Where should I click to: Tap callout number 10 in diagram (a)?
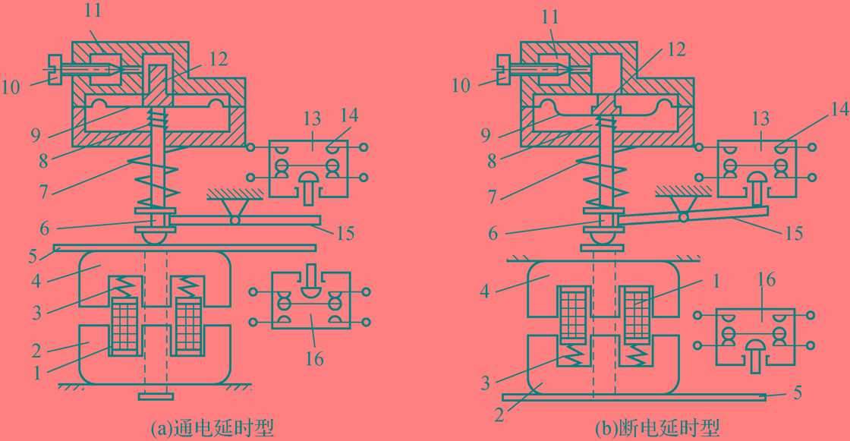click(11, 86)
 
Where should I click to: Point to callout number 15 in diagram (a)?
click(345, 233)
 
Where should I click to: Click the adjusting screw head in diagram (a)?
click(52, 68)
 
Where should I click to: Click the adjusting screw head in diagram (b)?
click(502, 68)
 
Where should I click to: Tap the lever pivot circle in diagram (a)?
click(235, 220)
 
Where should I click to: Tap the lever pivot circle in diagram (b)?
click(684, 217)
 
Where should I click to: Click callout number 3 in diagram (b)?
click(486, 383)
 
